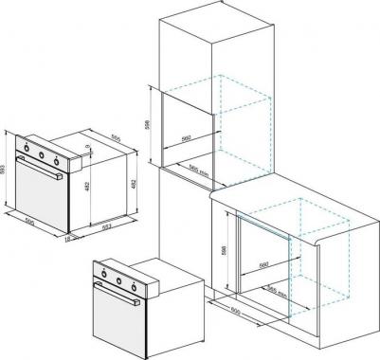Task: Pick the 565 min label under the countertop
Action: (277, 290)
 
